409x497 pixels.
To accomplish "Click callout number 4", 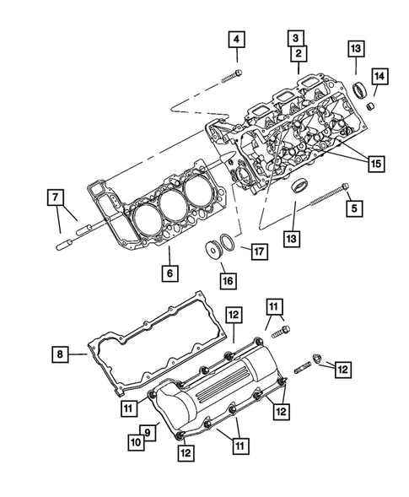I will (x=237, y=40).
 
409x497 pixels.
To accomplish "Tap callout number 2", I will (x=298, y=53).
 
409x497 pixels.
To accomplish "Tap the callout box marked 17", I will (x=255, y=251).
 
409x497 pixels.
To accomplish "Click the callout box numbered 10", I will (x=133, y=439).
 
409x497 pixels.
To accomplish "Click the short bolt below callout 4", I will (x=234, y=78).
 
